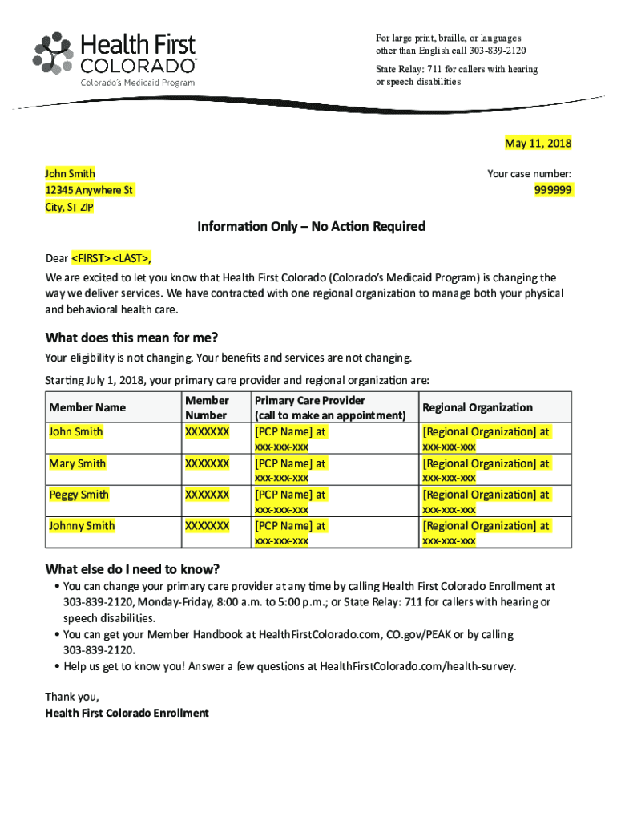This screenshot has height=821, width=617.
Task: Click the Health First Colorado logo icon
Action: [51, 53]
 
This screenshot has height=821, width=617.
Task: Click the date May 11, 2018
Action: [538, 144]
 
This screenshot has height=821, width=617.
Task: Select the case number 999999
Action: [553, 190]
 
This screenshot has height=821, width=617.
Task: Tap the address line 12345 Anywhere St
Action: [89, 190]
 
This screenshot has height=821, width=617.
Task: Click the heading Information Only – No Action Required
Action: [311, 227]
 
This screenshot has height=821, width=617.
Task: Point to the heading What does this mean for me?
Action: [131, 338]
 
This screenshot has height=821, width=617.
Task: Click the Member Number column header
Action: [207, 407]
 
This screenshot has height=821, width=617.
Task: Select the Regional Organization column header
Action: [478, 407]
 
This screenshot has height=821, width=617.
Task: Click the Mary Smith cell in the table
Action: [77, 463]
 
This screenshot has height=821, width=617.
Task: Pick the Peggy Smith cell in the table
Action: [79, 495]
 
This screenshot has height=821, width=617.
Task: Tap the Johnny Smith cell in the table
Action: [82, 526]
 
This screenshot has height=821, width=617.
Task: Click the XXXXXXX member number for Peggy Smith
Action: [207, 495]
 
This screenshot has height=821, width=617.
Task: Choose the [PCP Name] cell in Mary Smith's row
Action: [290, 463]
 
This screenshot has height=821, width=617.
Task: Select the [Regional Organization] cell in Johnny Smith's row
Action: [486, 526]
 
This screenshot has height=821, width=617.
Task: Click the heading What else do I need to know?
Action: [132, 570]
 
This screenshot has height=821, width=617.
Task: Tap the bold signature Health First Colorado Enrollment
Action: [127, 712]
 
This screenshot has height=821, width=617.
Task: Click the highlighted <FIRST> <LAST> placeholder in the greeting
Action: [111, 259]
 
